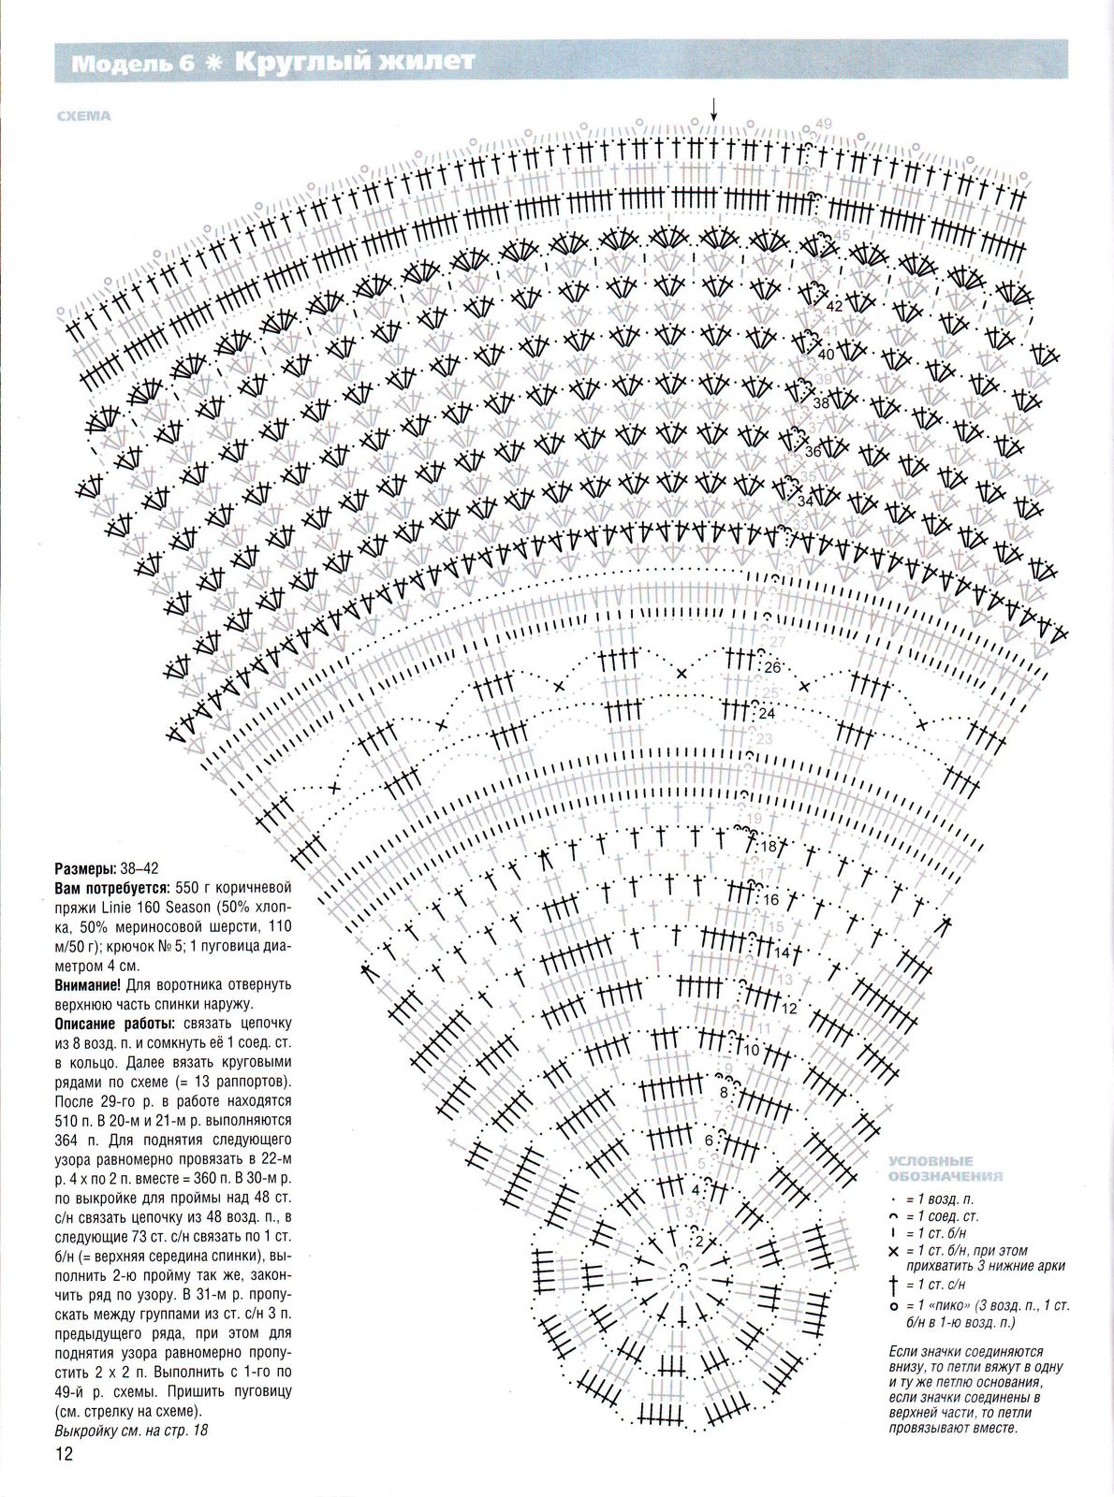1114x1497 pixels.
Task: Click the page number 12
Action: pos(64,1454)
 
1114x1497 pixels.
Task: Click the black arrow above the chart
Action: pos(713,109)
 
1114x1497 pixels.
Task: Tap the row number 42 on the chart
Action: pos(834,306)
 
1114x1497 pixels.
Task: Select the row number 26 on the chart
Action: pos(771,667)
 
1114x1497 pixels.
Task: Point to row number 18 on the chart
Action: pos(769,846)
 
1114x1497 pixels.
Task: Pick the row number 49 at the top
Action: pos(824,124)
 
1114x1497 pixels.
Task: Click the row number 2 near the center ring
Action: pos(698,1242)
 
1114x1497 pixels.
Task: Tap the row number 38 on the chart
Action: pos(821,402)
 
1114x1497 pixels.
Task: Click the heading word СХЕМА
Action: pos(83,116)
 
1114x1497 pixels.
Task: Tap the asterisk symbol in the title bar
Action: pos(214,63)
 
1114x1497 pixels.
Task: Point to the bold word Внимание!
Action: pos(87,984)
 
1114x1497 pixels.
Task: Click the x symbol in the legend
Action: pos(894,1251)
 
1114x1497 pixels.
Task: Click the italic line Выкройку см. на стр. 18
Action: pos(130,1431)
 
